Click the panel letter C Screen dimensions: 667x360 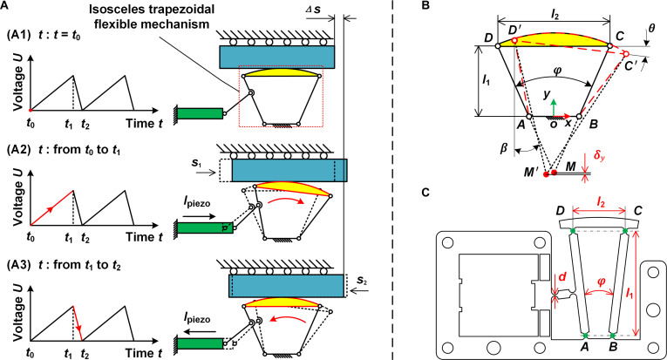pos(425,193)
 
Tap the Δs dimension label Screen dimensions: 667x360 pos(314,9)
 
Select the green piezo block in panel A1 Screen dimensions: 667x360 pos(200,113)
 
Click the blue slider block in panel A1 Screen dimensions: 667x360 pos(277,57)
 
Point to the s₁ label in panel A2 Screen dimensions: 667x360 pos(196,163)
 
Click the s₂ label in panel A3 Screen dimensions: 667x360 pos(362,280)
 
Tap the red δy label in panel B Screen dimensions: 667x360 pos(599,156)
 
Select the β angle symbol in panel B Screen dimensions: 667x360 pos(504,149)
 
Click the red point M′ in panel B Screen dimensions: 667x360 pos(547,173)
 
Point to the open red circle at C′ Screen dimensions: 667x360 pos(626,54)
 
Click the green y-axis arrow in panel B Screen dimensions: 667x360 pos(553,107)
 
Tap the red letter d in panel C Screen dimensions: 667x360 pos(562,277)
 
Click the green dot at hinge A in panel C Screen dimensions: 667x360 pos(585,336)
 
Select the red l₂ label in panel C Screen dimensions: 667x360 pos(599,203)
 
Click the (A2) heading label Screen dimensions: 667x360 pos(18,150)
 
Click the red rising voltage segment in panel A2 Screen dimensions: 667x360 pos(51,207)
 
